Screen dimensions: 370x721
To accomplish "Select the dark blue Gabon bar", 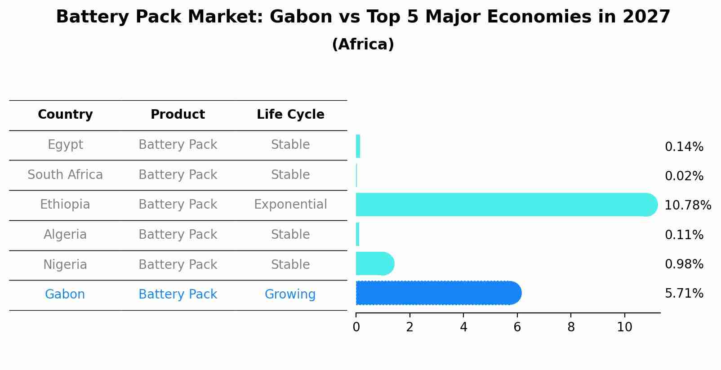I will [x=438, y=293].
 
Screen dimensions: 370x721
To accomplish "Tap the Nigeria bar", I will [x=375, y=263].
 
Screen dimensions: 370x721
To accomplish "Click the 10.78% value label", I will [x=687, y=205].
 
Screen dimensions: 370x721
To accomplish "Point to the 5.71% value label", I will [x=684, y=294].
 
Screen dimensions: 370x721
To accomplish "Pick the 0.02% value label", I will [x=684, y=176].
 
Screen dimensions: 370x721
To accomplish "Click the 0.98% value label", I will [x=684, y=264].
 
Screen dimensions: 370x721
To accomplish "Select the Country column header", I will [x=65, y=115].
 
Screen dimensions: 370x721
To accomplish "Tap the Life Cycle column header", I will [x=290, y=115].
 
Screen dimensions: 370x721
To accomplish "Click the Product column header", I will [x=178, y=115].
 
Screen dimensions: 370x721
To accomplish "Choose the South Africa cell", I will [x=65, y=175].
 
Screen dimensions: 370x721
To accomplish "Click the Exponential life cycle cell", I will [x=290, y=205].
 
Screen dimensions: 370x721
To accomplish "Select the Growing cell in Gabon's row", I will [x=290, y=294].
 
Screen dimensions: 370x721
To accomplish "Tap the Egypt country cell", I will [x=65, y=145].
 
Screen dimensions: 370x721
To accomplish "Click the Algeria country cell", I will [x=65, y=235].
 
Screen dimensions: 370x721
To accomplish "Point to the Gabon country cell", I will [x=65, y=294].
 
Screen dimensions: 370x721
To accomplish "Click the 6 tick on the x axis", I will [x=517, y=327].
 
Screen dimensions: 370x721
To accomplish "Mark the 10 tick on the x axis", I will [x=624, y=327].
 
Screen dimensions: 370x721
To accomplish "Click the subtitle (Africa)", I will [x=363, y=45].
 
